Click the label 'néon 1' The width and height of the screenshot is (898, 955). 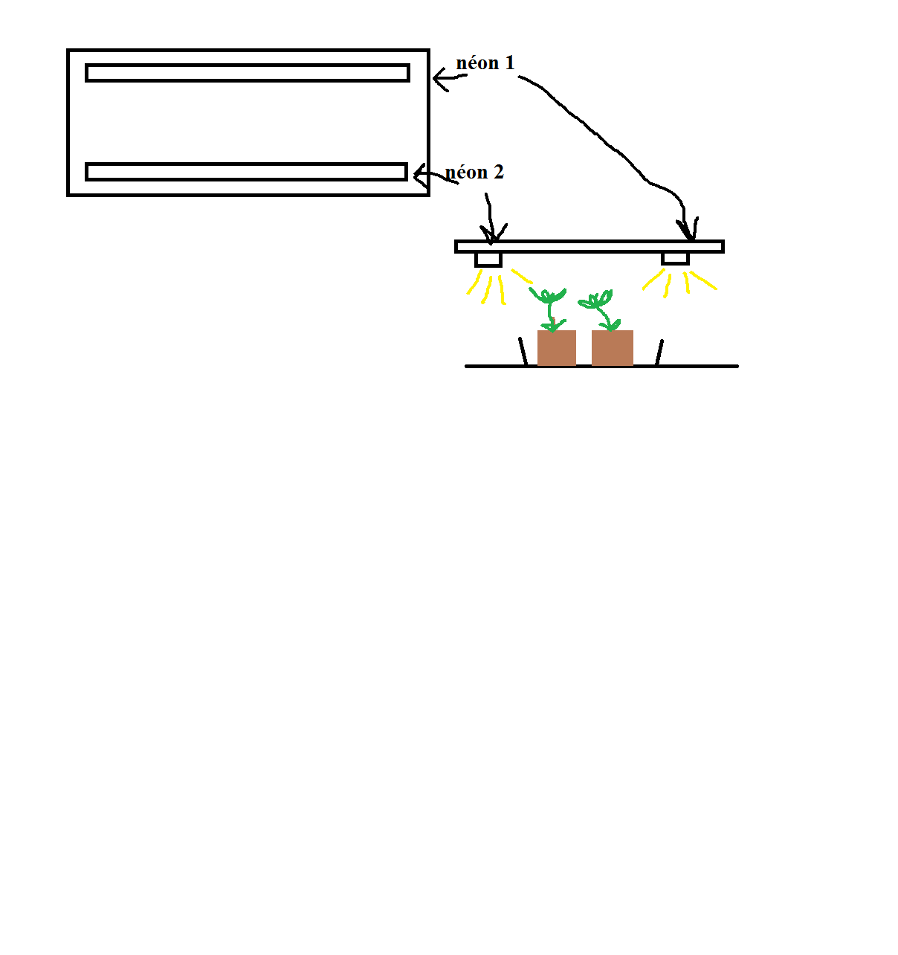[485, 63]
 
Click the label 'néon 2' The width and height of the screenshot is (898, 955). [474, 172]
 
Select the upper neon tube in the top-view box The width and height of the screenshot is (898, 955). [247, 73]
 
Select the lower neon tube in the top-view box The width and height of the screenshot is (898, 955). [246, 172]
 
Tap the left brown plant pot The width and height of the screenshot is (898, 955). [556, 347]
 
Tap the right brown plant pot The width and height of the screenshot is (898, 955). [612, 347]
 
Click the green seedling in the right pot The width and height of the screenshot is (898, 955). [599, 311]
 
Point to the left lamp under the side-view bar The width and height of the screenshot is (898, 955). [488, 260]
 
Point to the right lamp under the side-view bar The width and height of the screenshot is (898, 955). [675, 259]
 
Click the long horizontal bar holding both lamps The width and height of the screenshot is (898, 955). [589, 246]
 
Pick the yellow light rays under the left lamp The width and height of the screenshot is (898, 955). [500, 286]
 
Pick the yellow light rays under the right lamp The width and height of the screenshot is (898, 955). [679, 283]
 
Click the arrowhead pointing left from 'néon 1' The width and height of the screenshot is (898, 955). [440, 79]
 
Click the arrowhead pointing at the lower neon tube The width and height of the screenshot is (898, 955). [420, 175]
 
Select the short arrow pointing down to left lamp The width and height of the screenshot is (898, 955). [491, 219]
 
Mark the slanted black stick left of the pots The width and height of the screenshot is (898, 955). [523, 352]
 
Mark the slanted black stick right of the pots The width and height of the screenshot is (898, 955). [659, 353]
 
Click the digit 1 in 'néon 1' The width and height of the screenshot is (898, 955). [509, 63]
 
